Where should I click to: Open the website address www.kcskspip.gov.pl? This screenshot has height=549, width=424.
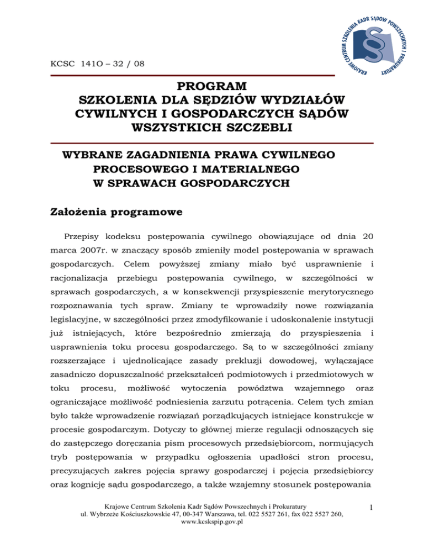(x=212, y=522)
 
